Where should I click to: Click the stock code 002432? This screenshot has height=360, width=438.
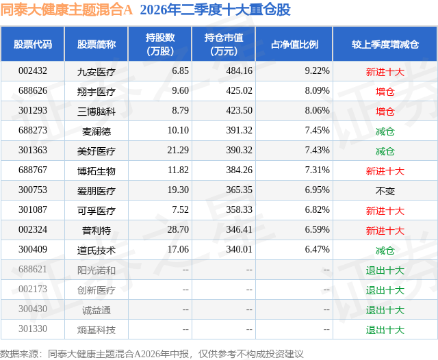[x=33, y=71]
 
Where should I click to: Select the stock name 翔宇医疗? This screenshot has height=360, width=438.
[x=96, y=91]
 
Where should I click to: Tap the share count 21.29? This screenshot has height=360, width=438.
[x=178, y=151]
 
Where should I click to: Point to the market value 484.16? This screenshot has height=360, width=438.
[x=239, y=71]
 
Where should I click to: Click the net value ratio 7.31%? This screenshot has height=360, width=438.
[x=317, y=170]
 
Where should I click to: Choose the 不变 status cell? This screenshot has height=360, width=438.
[x=385, y=191]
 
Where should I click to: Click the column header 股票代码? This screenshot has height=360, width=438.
[x=33, y=44]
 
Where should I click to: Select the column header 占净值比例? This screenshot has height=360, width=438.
[x=294, y=44]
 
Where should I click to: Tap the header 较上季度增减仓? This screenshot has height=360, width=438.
[x=385, y=44]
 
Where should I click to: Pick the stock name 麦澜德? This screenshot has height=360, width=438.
[x=96, y=131]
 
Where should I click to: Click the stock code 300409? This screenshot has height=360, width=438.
[x=33, y=249]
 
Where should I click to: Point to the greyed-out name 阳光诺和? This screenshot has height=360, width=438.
[x=96, y=270]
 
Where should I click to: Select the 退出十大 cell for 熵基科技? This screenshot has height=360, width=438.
[x=385, y=330]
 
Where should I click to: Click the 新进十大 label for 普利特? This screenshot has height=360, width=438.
[x=385, y=231]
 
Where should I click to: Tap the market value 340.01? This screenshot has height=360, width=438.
[x=239, y=249]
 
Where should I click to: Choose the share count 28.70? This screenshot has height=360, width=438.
[x=178, y=229]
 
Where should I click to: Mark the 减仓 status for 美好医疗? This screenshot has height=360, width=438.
[x=385, y=151]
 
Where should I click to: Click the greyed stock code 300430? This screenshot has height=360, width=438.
[x=33, y=309]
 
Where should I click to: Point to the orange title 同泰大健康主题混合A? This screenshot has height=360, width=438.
[x=66, y=10]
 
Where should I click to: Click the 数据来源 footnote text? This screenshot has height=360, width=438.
[x=152, y=354]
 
